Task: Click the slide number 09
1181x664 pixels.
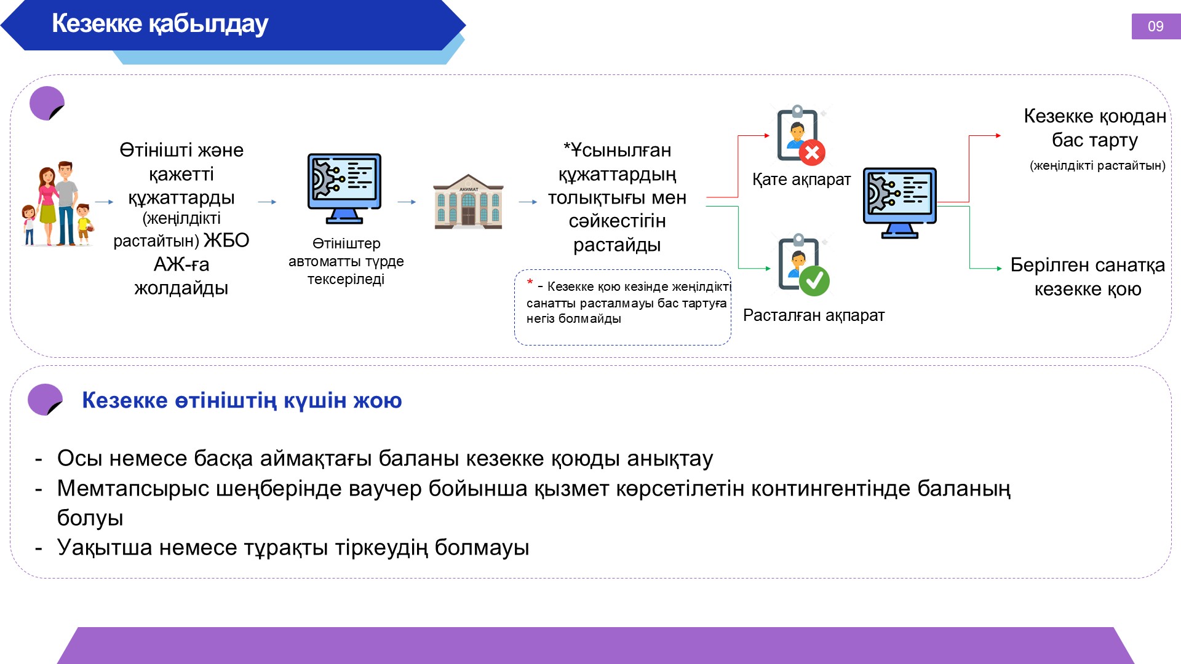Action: pos(1155,26)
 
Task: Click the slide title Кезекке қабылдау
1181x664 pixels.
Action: pos(160,23)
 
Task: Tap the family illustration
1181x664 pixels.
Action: pos(57,204)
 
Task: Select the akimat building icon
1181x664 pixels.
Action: pos(468,202)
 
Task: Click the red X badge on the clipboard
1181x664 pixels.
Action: pos(812,152)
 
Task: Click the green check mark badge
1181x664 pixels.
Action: pos(814,280)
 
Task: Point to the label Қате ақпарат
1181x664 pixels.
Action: pos(801,180)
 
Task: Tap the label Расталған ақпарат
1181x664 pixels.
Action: pos(814,315)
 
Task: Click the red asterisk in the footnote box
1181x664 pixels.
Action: pos(530,283)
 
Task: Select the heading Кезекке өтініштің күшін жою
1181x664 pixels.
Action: pos(242,400)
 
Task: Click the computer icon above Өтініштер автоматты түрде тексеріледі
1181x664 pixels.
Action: pos(344,188)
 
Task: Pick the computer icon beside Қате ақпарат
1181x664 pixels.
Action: pos(900,203)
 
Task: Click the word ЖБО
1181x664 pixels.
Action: pos(226,240)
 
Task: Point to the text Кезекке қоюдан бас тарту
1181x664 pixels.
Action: pos(1095,128)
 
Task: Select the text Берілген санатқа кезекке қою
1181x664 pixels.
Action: pos(1088,277)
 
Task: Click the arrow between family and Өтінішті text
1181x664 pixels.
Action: pos(105,202)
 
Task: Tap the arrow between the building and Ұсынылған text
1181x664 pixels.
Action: pos(528,202)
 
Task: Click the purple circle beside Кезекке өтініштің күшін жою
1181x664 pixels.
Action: pos(45,400)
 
